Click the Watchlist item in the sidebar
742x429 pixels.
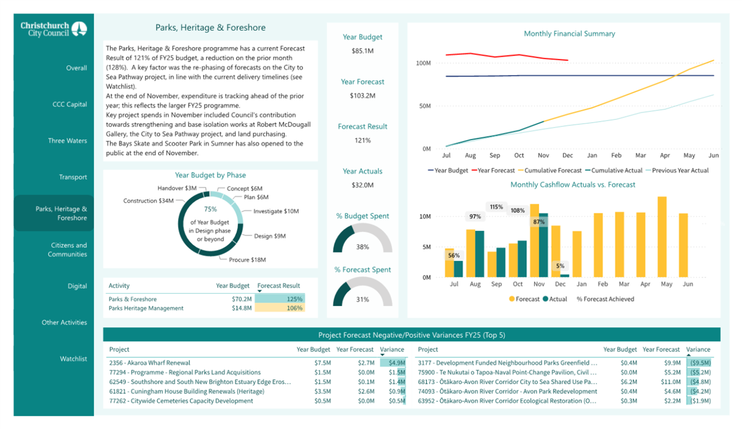73,359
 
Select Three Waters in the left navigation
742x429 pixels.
67,141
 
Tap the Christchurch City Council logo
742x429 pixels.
54,29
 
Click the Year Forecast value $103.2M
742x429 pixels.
362,96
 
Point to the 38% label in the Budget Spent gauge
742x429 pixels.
362,247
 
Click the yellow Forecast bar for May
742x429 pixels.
662,237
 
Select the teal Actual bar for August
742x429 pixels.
479,254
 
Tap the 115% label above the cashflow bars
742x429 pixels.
496,207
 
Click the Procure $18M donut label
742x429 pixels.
247,260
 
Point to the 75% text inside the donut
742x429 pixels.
210,209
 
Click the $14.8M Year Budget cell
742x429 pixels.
241,308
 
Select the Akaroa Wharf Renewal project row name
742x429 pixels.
150,363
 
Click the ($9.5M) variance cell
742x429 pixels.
700,363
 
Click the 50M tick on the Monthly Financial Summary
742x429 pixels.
425,106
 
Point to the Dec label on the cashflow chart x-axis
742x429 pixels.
560,284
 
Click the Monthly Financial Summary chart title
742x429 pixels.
569,34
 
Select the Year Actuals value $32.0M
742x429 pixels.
362,185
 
